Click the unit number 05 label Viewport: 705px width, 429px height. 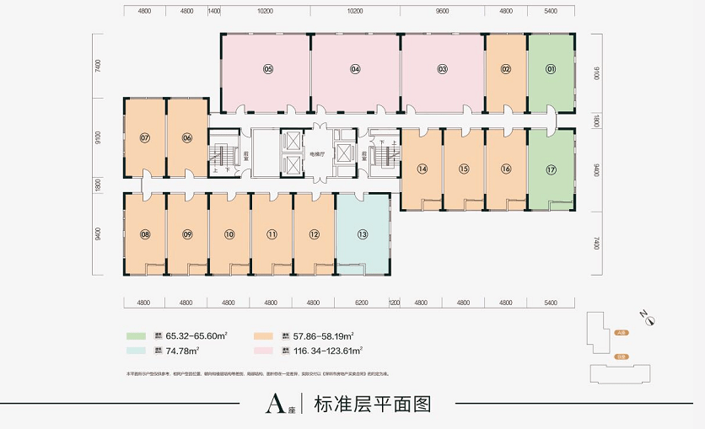pyautogui.click(x=268, y=69)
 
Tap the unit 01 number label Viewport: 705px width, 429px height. pyautogui.click(x=551, y=69)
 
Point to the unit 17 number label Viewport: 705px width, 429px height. pyautogui.click(x=551, y=169)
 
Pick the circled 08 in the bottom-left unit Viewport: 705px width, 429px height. pyautogui.click(x=145, y=234)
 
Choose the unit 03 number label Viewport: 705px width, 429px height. pyautogui.click(x=442, y=69)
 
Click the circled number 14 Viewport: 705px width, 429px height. pyautogui.click(x=422, y=169)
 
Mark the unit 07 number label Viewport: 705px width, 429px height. pyautogui.click(x=145, y=137)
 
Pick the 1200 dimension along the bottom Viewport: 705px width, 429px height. pyautogui.click(x=394, y=302)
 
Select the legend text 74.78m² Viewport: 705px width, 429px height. pyautogui.click(x=182, y=350)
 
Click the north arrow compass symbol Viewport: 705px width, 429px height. pyautogui.click(x=648, y=319)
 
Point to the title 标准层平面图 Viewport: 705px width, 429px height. pyautogui.click(x=372, y=404)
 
